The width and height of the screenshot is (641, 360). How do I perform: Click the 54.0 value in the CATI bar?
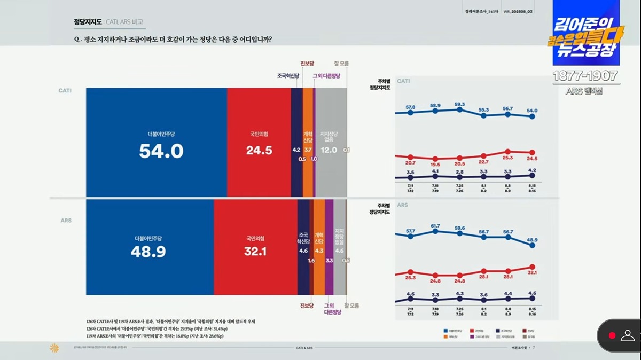[x=161, y=152]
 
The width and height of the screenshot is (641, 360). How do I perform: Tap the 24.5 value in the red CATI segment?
[x=259, y=151]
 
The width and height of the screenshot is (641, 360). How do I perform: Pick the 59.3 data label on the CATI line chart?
[x=459, y=104]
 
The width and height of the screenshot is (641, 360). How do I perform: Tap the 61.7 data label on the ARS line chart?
[x=435, y=226]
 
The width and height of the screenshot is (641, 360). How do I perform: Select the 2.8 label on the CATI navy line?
[x=459, y=172]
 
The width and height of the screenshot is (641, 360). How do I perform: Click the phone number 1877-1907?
[x=585, y=76]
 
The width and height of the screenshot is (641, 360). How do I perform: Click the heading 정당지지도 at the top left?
[x=88, y=22]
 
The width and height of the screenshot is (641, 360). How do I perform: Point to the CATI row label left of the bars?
[x=65, y=90]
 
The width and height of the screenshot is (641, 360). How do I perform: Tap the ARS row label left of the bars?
[x=65, y=220]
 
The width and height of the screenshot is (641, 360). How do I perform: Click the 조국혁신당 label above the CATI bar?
[x=287, y=76]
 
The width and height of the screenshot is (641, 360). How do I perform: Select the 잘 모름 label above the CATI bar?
[x=341, y=63]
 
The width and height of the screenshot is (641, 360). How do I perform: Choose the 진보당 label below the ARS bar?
[x=307, y=306]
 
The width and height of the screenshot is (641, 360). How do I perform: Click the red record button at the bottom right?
[x=612, y=335]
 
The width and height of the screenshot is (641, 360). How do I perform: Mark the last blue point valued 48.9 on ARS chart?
[x=531, y=247]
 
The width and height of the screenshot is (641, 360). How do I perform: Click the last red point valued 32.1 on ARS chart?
[x=531, y=267]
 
